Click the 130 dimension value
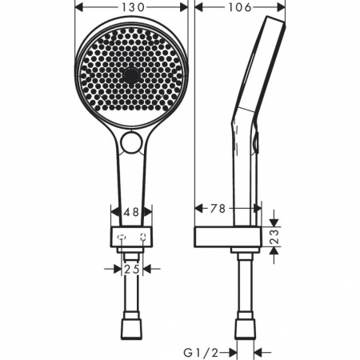click(x=131, y=7)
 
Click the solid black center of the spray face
click(x=130, y=75)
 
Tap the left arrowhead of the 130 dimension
click(x=78, y=7)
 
